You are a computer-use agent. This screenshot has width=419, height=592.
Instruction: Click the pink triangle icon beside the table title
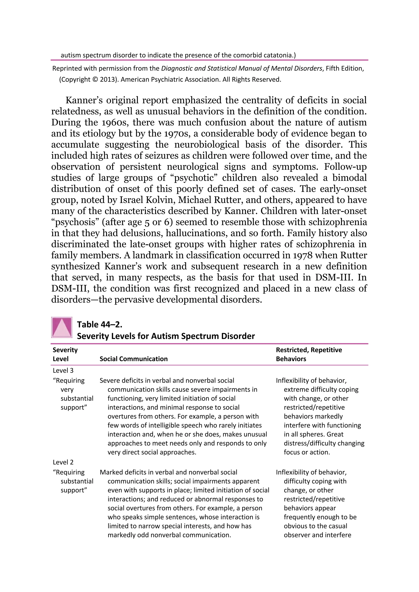[x=62, y=327]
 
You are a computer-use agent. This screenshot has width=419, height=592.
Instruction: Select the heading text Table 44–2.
[x=100, y=324]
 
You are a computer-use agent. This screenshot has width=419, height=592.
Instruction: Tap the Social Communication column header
[x=133, y=359]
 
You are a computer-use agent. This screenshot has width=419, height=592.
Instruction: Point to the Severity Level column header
[x=65, y=354]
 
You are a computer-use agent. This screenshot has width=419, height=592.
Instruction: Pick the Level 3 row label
[x=63, y=371]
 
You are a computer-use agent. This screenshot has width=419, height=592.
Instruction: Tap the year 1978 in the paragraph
[x=302, y=255]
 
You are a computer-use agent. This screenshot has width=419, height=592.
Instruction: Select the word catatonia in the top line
[x=280, y=55]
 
